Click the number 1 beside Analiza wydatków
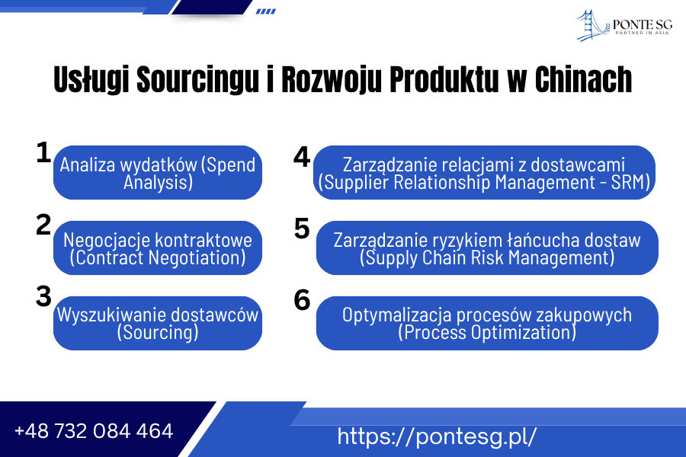[x=43, y=152]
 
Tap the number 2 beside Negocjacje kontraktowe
[x=43, y=225]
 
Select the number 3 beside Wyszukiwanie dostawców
[x=43, y=296]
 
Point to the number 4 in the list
[x=302, y=156]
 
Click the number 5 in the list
[x=302, y=228]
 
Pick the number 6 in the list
[x=302, y=301]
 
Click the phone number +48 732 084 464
[x=94, y=431]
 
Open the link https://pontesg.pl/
[x=437, y=436]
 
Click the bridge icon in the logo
[x=592, y=24]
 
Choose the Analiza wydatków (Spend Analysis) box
[x=158, y=173]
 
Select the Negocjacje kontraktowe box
[x=158, y=248]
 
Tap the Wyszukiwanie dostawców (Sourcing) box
[x=158, y=323]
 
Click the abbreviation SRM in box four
[x=630, y=183]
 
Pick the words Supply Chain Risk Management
[x=487, y=258]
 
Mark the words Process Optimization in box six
[x=487, y=333]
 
